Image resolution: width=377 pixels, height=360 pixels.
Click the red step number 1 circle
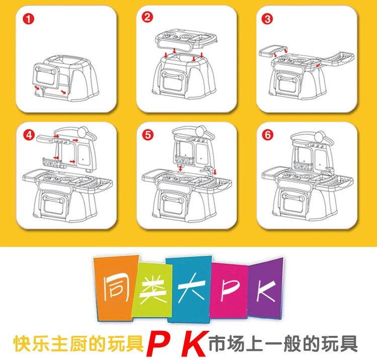(28, 19)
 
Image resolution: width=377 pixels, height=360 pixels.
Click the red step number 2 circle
(147, 17)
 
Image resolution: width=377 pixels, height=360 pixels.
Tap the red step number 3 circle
(267, 19)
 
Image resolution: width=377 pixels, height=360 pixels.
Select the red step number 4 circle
(29, 135)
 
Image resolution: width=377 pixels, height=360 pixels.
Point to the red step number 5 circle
(148, 135)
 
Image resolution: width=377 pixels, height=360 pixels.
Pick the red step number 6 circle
(267, 135)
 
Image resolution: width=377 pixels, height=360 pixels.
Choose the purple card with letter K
(266, 289)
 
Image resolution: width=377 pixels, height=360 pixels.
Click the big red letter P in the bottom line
(158, 344)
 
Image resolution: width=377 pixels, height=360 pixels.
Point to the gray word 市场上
(236, 344)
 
